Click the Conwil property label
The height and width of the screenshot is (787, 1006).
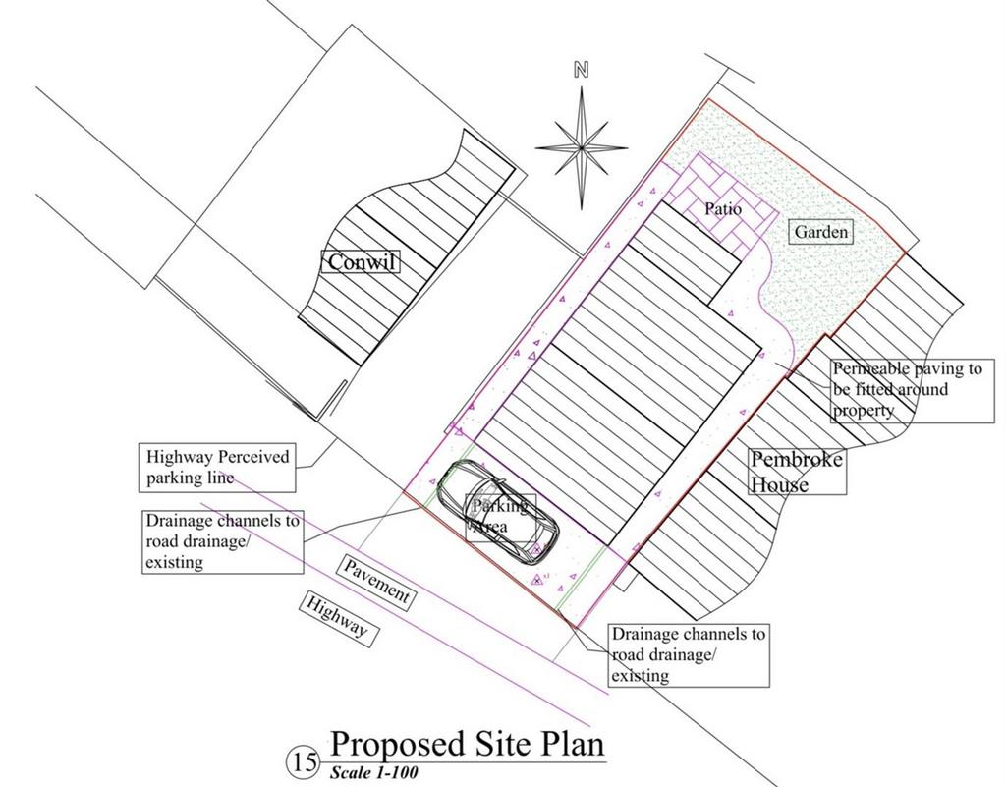(x=361, y=261)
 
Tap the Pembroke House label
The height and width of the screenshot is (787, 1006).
(x=798, y=472)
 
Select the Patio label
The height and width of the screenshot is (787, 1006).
(x=723, y=209)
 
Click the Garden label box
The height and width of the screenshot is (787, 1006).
(x=821, y=232)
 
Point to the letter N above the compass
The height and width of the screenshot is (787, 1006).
(x=582, y=70)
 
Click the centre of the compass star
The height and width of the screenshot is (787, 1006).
(x=582, y=148)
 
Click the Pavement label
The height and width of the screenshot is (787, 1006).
(x=375, y=582)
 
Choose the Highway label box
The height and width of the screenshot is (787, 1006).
(x=338, y=617)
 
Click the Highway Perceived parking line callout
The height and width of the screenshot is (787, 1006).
(x=217, y=468)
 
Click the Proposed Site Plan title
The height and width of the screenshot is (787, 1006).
(x=467, y=744)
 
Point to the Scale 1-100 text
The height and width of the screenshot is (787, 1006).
(x=374, y=772)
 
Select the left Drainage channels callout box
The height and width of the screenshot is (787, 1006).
(x=223, y=541)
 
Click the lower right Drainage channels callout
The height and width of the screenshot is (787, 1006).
(x=689, y=655)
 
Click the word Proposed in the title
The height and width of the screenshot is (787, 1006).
(x=397, y=744)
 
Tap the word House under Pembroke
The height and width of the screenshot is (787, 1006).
(x=779, y=483)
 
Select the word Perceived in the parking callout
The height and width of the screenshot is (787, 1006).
(x=254, y=457)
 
